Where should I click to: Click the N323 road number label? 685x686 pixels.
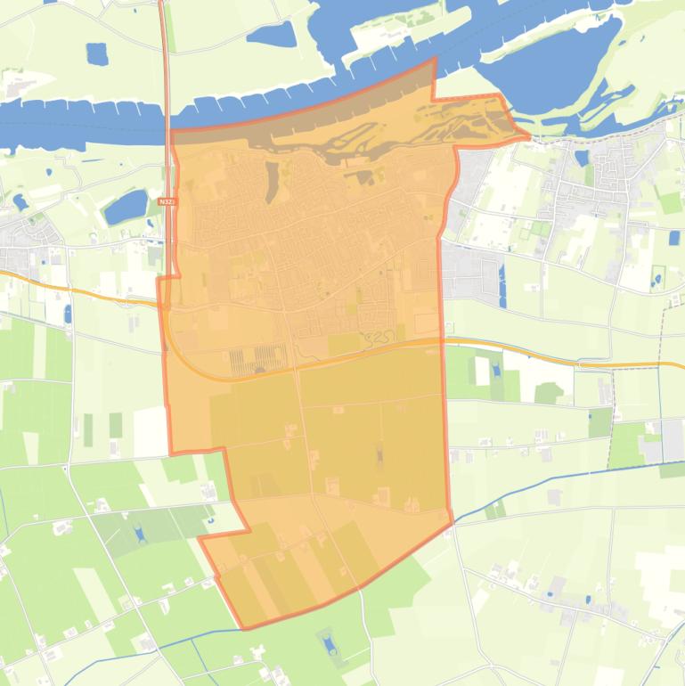(167, 202)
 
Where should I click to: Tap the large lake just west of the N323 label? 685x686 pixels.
(126, 207)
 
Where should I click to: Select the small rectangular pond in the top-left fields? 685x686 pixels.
(96, 53)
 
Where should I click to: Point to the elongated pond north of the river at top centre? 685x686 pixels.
(271, 35)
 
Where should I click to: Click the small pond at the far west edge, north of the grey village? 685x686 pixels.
(19, 202)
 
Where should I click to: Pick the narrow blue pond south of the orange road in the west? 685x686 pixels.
(68, 314)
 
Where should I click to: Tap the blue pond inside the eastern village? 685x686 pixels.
(582, 158)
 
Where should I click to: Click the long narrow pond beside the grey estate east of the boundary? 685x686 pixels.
(502, 285)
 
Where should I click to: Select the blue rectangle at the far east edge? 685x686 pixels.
(675, 239)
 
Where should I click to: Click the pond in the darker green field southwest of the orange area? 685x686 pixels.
(138, 533)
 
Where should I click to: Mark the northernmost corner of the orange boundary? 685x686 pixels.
(435, 58)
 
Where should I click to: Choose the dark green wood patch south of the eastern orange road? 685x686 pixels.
(547, 393)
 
